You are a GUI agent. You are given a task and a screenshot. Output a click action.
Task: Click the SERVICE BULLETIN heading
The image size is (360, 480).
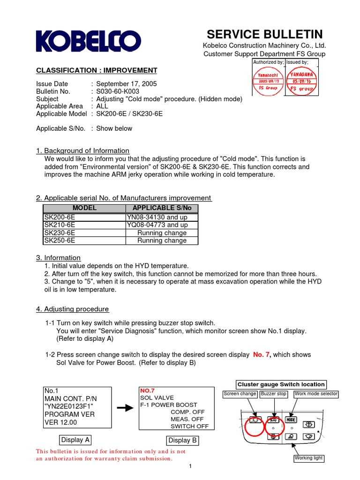point(264,34)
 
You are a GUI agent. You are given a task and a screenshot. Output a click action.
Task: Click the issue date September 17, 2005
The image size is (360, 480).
point(127,84)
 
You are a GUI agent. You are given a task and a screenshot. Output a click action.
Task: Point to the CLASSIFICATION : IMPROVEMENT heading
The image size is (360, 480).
point(97,70)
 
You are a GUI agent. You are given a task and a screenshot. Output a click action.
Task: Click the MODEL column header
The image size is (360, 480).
point(84,208)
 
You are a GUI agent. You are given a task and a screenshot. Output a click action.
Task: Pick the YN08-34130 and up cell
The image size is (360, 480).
point(156,217)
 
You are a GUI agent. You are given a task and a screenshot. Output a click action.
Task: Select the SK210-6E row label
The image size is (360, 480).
point(60,225)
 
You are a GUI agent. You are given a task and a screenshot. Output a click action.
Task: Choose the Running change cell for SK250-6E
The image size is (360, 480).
point(162,240)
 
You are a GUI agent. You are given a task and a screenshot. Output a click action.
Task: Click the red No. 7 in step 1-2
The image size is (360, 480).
point(262,354)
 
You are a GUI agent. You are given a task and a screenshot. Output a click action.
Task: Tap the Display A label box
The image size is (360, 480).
point(75,440)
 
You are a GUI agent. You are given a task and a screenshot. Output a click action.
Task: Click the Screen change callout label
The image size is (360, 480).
point(240,394)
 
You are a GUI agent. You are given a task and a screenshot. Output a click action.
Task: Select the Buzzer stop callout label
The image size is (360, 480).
point(274,394)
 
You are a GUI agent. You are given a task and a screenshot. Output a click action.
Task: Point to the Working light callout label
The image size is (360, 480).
point(308,458)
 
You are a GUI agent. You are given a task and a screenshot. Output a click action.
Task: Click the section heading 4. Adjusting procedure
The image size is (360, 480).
point(73,309)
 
